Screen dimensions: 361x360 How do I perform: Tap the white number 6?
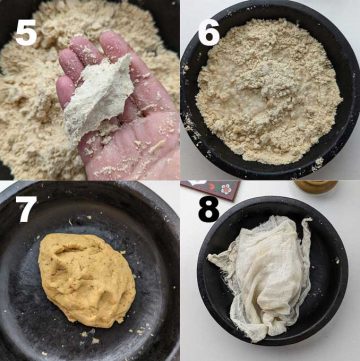[208, 32]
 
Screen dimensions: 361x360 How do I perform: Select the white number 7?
[25, 211]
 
